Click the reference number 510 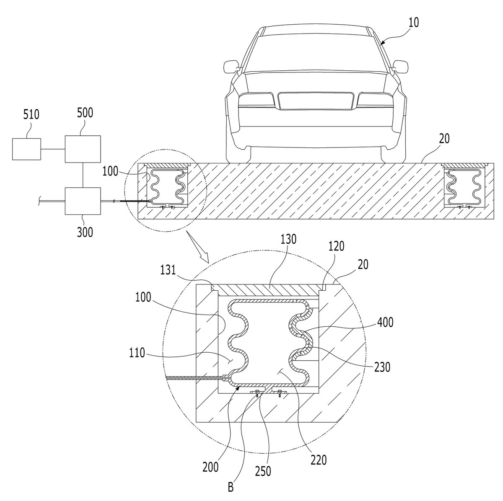31,114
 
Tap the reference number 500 85,113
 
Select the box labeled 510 27,149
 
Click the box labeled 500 83,149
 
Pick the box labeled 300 83,201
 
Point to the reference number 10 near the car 413,23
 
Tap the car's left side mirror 231,66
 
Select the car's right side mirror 400,66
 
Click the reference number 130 288,239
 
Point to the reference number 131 168,270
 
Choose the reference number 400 385,322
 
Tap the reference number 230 382,367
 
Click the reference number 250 263,471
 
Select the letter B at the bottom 231,487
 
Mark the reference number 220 319,460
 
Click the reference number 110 137,353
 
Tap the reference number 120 336,246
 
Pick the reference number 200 210,467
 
